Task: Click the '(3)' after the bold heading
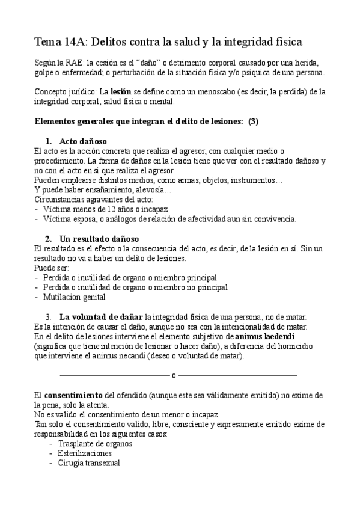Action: click(x=253, y=121)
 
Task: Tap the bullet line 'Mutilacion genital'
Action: click(x=74, y=297)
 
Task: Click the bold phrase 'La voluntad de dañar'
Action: click(x=101, y=317)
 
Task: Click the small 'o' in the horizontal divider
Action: click(x=174, y=376)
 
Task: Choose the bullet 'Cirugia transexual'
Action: click(x=89, y=464)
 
